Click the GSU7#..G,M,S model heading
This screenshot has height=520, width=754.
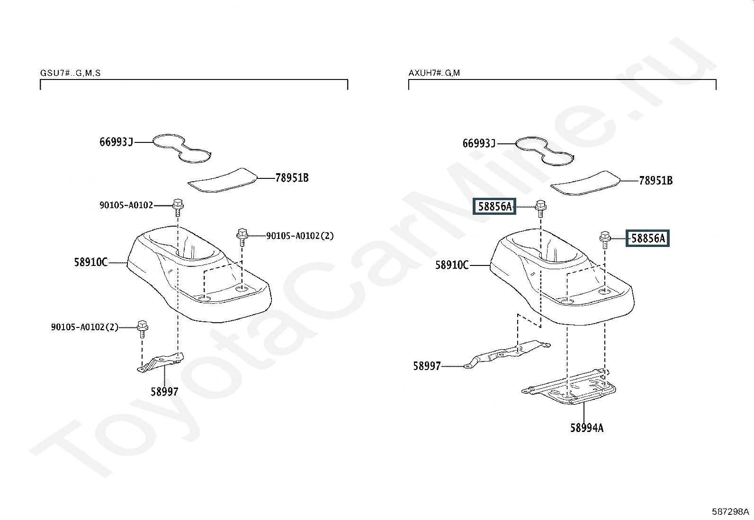[x=71, y=73]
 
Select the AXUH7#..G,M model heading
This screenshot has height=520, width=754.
[x=434, y=73]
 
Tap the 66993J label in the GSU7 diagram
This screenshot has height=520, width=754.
[x=116, y=142]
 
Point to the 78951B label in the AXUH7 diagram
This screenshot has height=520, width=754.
[x=655, y=181]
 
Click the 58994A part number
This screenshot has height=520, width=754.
[x=587, y=428]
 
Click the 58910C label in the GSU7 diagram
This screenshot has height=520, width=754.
[x=91, y=262]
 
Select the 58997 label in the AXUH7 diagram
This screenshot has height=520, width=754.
[x=427, y=366]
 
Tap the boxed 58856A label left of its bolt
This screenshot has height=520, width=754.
[x=494, y=206]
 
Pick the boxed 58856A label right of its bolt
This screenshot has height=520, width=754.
[x=647, y=238]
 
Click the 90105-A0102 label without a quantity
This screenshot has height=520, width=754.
[x=126, y=205]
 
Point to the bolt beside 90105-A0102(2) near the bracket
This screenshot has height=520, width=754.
[x=143, y=329]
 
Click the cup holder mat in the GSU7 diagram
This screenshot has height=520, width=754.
[x=182, y=148]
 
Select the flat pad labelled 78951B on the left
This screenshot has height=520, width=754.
[x=223, y=180]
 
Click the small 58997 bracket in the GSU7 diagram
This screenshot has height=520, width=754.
[x=160, y=362]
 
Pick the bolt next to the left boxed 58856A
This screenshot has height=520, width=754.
[x=540, y=209]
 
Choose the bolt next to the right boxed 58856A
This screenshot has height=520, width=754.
[x=605, y=240]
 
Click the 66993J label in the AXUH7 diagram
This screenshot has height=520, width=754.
[x=479, y=144]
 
